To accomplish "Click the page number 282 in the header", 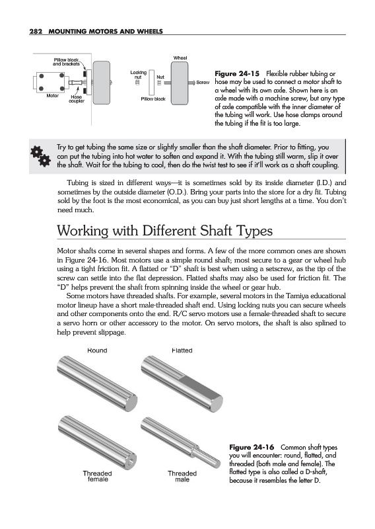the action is [36, 32].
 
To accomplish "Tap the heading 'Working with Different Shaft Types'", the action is [165, 231].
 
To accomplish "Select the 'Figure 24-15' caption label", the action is [237, 73].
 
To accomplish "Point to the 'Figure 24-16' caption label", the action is [252, 448].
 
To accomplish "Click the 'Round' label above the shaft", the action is [97, 350].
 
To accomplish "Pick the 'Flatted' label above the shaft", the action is [182, 350].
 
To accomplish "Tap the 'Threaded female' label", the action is [97, 476].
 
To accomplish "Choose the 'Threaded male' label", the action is [182, 476].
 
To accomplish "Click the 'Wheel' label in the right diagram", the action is [180, 58].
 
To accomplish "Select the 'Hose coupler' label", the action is [77, 99].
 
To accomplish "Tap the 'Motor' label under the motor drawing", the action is [53, 96].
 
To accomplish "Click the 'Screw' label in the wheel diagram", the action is [203, 82].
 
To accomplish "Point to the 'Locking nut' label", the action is [139, 75].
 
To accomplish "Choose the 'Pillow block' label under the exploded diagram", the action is [153, 99].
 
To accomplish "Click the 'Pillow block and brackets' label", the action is [67, 61].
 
